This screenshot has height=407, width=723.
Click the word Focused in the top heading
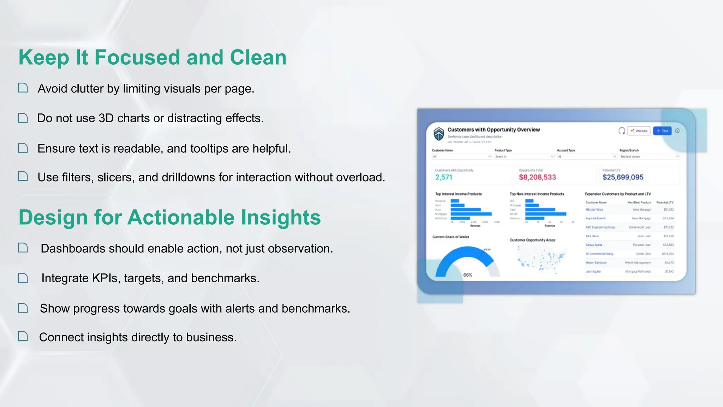click(137, 58)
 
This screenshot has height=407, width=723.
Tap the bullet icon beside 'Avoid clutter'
click(23, 88)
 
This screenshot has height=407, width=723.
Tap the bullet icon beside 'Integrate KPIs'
click(23, 278)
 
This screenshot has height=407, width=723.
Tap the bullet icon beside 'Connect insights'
click(23, 336)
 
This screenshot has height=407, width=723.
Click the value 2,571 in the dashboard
click(443, 177)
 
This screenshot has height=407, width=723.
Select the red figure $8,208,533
click(537, 177)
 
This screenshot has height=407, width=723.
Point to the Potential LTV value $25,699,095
click(623, 177)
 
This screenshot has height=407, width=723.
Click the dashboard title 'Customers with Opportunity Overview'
click(494, 130)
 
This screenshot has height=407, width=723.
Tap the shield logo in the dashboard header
click(438, 134)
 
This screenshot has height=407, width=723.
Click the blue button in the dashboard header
click(662, 131)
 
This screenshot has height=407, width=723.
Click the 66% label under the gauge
click(467, 275)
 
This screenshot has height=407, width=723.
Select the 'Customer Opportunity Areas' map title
click(532, 240)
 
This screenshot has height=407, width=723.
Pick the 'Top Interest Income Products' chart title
click(458, 194)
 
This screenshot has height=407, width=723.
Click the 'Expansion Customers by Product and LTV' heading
click(617, 194)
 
